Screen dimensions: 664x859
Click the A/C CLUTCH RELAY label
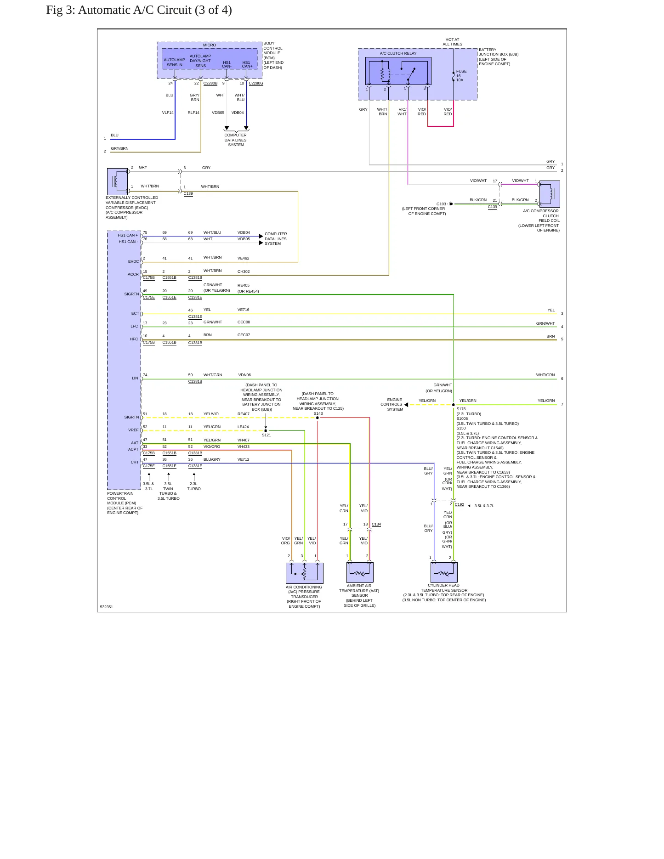398,53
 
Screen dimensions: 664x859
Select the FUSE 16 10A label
461,76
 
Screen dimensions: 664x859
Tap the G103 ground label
441,204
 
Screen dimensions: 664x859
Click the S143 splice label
318,413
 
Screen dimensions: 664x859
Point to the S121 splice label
267,435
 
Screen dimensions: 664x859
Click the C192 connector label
460,505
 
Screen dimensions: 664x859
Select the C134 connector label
376,524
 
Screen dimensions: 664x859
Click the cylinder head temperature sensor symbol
444,572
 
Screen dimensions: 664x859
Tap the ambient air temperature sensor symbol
360,572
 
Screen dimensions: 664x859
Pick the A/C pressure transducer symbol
305,573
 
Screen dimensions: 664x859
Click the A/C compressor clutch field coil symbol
550,194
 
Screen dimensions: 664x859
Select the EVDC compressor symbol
117,182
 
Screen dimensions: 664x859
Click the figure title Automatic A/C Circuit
139,10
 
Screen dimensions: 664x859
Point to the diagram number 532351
107,607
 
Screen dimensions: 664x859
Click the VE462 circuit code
244,259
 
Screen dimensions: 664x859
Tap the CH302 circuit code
244,272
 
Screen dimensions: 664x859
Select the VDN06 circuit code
244,375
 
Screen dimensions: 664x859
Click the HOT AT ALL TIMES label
453,42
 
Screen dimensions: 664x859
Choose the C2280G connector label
256,83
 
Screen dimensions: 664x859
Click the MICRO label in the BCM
210,45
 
